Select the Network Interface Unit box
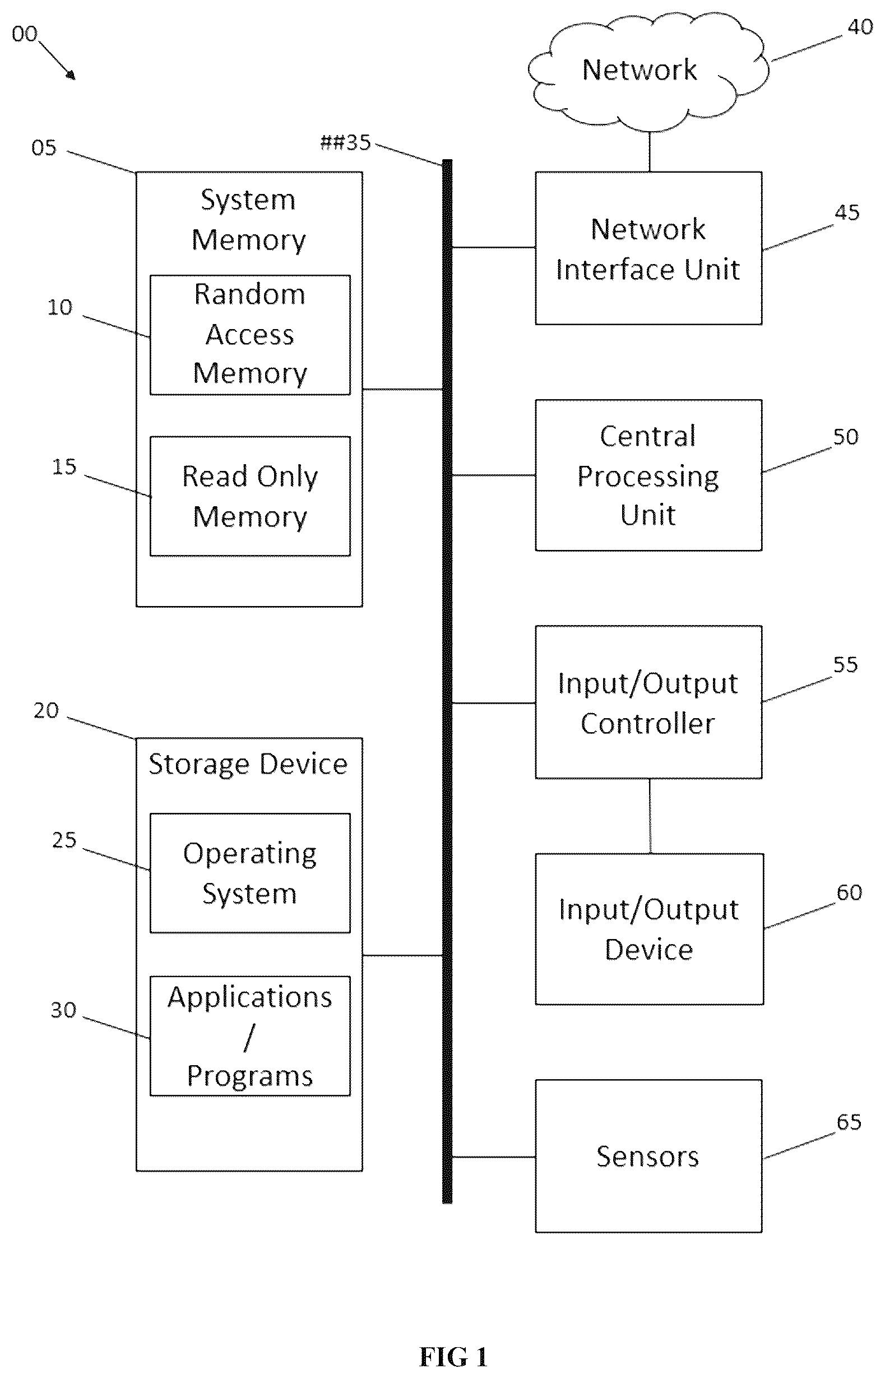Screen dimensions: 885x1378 point(648,248)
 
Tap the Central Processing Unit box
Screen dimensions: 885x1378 point(648,475)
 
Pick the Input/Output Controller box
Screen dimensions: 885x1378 point(648,702)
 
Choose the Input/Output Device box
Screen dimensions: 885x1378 point(650,929)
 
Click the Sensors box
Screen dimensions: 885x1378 point(648,1156)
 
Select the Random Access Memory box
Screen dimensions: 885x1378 point(250,335)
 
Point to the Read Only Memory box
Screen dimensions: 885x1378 point(250,497)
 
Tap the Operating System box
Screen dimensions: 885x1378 point(250,873)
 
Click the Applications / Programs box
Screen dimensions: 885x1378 point(250,1036)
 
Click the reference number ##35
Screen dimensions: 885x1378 point(345,142)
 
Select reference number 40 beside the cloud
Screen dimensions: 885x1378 point(860,26)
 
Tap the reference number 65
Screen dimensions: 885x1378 point(849,1122)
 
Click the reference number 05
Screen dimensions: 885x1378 point(44,147)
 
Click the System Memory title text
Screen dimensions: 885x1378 point(248,220)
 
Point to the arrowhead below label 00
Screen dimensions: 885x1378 point(71,75)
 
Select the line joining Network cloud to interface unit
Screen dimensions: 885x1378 point(650,152)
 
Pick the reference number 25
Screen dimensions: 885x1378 point(64,840)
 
